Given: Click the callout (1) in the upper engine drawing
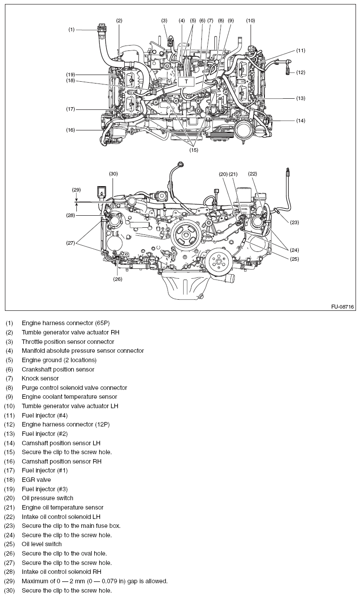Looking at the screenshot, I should [71, 29].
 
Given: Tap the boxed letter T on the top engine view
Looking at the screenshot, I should [186, 81].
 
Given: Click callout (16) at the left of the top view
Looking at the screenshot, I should [71, 130].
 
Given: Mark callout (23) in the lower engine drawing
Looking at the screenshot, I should [294, 222].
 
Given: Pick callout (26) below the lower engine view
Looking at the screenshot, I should [117, 279].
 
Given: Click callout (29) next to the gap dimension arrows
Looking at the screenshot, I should [76, 190].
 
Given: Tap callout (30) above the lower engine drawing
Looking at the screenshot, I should [113, 173].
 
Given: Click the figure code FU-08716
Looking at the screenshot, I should [343, 307].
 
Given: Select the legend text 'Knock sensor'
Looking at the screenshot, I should [40, 378].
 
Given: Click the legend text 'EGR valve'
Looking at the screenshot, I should [37, 480].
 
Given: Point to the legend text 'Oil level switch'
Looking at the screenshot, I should [42, 544].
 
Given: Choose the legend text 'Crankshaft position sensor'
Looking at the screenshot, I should [58, 369].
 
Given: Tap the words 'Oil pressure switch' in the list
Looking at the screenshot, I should [47, 498].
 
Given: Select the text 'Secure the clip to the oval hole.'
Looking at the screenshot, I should [64, 553].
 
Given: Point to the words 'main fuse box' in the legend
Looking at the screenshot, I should [100, 526].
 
